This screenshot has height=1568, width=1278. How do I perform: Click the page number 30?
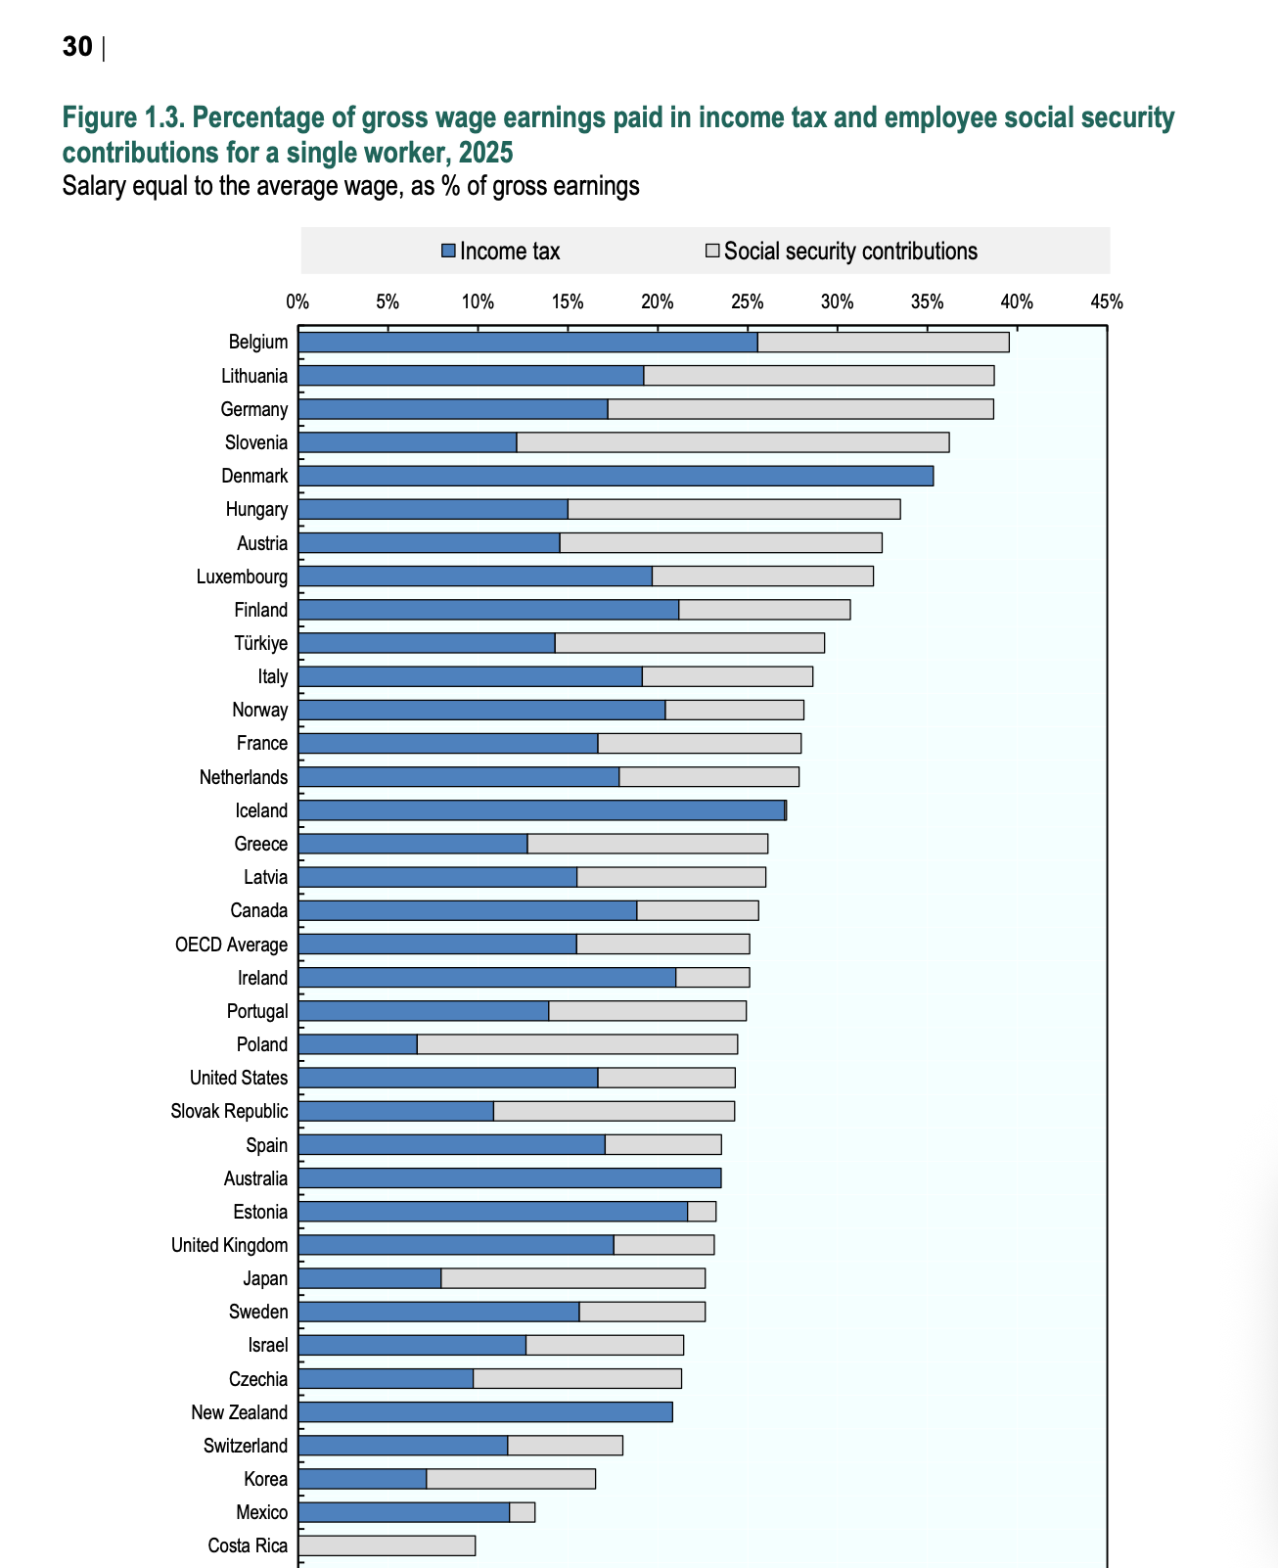click(x=77, y=47)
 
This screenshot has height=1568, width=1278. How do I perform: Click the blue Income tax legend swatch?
click(x=448, y=251)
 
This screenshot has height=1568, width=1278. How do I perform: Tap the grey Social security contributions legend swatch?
click(x=712, y=251)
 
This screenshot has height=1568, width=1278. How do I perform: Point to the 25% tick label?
click(x=748, y=301)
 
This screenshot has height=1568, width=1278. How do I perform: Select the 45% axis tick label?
click(x=1106, y=301)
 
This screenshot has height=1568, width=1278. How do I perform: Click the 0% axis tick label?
click(x=297, y=301)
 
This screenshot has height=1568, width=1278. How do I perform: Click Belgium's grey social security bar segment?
click(x=884, y=342)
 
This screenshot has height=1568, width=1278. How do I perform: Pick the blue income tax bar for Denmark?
click(x=616, y=476)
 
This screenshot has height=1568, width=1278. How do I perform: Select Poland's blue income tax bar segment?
click(x=357, y=1043)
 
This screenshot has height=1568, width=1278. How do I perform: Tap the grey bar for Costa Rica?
click(x=387, y=1545)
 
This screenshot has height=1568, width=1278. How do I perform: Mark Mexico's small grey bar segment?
click(x=522, y=1512)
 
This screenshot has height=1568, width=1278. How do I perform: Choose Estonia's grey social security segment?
click(x=702, y=1211)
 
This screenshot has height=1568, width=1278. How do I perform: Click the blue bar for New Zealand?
click(x=485, y=1411)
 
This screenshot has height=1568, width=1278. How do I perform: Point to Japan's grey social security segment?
click(x=572, y=1278)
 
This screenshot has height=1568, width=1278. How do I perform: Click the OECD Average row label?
click(x=231, y=945)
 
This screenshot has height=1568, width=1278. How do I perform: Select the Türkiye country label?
click(x=260, y=643)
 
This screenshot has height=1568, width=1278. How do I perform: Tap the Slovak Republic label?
click(x=229, y=1111)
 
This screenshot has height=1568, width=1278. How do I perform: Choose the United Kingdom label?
click(x=229, y=1245)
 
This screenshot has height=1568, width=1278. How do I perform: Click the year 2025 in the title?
click(x=485, y=153)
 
